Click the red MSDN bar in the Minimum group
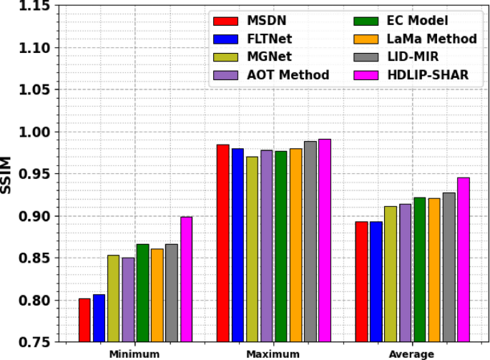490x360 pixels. (84, 320)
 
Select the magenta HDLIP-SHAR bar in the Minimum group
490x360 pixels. (186, 279)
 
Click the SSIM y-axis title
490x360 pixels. (7, 174)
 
